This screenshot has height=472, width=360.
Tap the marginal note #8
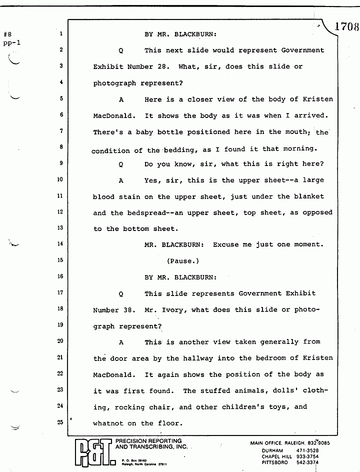[x=7, y=35]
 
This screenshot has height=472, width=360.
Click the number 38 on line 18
[x=127, y=309]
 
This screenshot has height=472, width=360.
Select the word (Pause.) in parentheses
[x=183, y=261]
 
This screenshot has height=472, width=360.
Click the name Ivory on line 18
[x=172, y=309]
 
